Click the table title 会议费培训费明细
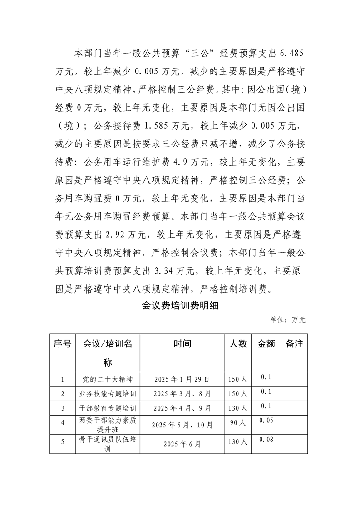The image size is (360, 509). tap(181, 306)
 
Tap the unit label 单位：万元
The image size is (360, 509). tap(288, 320)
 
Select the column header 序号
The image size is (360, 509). tap(62, 344)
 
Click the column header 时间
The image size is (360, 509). tap(182, 344)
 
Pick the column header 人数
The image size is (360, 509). tap(238, 344)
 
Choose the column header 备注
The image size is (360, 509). tap(294, 344)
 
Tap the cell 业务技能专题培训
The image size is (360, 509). tap(107, 393)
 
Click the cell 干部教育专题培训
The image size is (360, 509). tap(107, 408)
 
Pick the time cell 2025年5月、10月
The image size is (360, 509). tap(182, 425)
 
